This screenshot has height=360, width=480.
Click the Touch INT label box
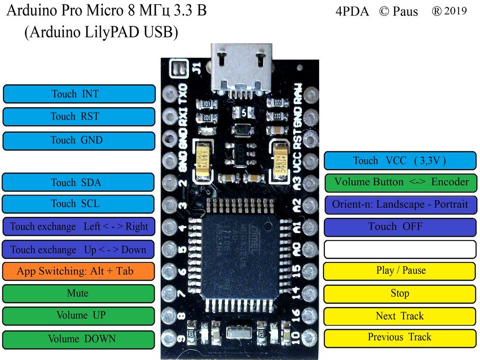tap(79, 94)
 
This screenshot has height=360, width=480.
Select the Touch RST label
tap(79, 117)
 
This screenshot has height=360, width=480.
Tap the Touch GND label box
tap(79, 141)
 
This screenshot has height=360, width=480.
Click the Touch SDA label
tap(78, 182)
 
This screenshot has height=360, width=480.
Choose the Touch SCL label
tap(78, 204)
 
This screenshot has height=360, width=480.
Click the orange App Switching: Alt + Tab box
tap(78, 271)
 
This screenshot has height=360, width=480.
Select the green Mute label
tap(78, 293)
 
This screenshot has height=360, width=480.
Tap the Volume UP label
tap(78, 315)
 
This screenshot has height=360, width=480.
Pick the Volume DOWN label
tap(78, 339)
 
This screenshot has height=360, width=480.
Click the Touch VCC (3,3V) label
tap(400, 161)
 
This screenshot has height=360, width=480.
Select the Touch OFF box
tap(400, 227)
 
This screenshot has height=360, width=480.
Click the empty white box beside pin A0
tap(400, 249)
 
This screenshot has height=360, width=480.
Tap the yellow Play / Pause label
tap(400, 271)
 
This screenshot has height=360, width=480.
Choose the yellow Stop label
tap(400, 294)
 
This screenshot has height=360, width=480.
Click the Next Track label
tap(400, 316)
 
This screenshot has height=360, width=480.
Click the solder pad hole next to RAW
tap(310, 95)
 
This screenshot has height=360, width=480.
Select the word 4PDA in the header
tap(352, 12)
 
